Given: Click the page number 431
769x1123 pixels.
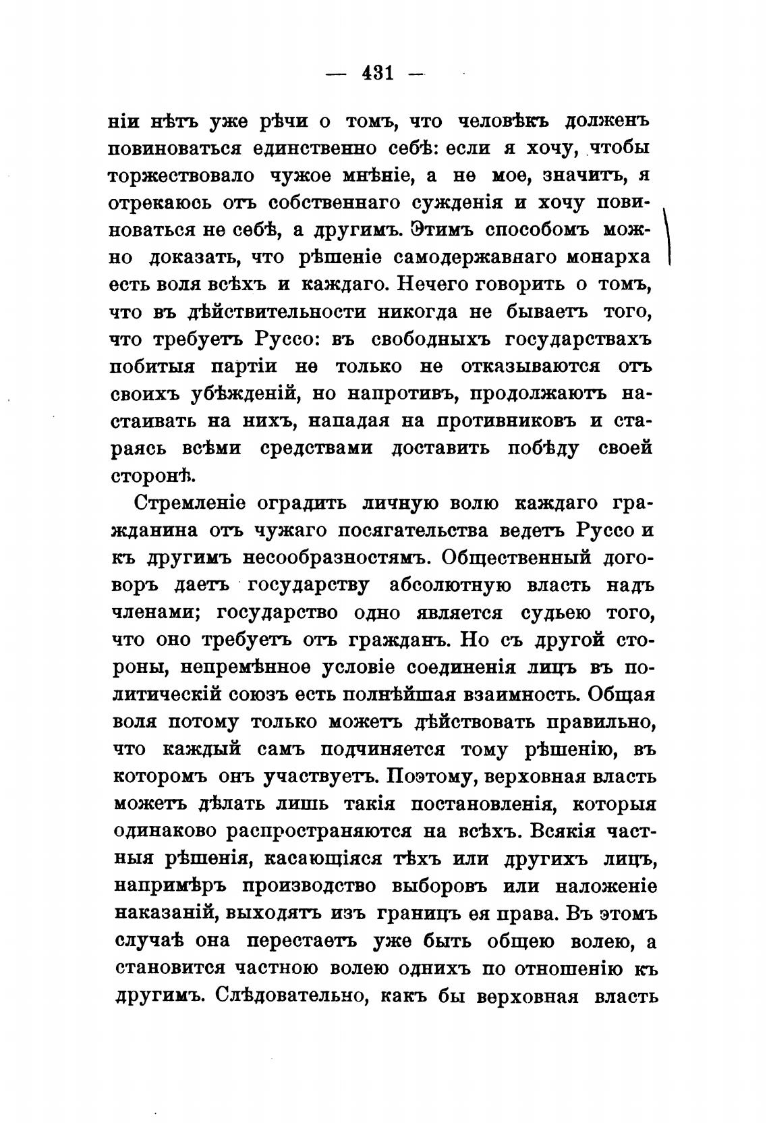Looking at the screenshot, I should click(x=377, y=72).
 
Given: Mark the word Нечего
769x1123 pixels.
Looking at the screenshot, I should click(x=432, y=285).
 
